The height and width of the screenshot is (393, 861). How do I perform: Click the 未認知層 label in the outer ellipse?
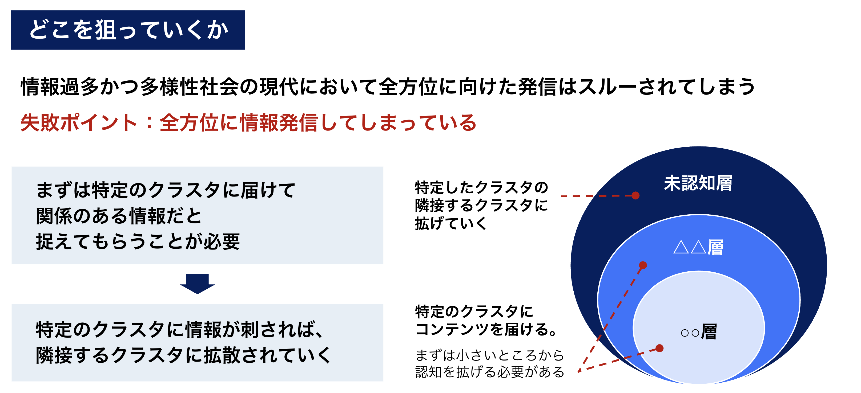point(698,183)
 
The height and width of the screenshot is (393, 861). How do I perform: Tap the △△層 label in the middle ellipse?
point(698,247)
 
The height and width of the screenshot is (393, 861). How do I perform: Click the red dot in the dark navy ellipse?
point(635,195)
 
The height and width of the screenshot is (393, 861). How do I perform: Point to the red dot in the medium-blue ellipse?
point(643,265)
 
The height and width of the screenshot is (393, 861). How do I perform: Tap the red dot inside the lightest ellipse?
point(659,348)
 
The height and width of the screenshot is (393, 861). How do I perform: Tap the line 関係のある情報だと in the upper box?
point(119,216)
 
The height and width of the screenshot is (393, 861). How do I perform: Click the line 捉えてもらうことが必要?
point(138,241)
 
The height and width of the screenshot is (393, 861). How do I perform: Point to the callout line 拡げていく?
point(451,223)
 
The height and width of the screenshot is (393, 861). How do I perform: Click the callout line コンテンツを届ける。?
point(486,329)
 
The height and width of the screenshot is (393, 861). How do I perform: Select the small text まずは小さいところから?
point(490,355)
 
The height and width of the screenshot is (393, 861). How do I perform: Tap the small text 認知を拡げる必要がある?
point(490,372)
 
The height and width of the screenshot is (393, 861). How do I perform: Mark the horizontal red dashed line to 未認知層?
point(598,196)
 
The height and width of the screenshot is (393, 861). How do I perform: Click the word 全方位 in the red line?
point(189,122)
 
